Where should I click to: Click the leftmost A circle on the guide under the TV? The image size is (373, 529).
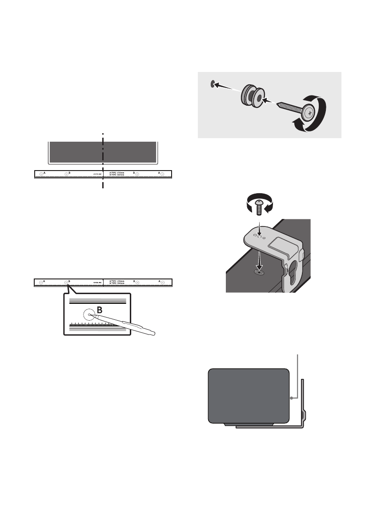click(x=41, y=175)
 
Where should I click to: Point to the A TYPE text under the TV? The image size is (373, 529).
click(x=118, y=173)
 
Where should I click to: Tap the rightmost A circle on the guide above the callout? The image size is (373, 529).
click(x=162, y=282)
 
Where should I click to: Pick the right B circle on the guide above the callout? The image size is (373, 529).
click(x=137, y=282)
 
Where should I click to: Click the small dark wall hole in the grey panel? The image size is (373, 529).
click(x=213, y=82)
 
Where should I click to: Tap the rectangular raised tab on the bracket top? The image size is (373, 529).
click(x=282, y=243)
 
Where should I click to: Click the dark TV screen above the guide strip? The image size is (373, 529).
click(x=103, y=152)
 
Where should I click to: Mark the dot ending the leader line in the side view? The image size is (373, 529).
click(x=291, y=398)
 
